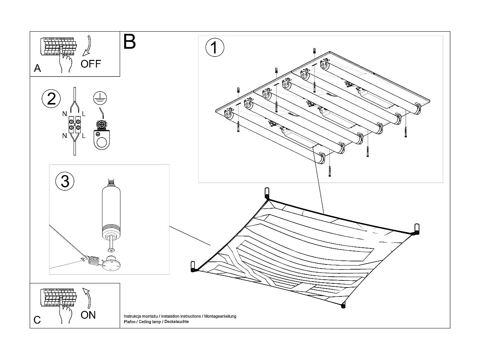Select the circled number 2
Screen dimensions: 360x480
point(51,99)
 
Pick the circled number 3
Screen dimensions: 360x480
point(65,181)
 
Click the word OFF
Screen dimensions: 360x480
point(91,64)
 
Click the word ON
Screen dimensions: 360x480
point(88,315)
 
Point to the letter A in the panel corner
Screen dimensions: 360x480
point(37,68)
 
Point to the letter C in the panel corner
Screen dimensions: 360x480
point(37,320)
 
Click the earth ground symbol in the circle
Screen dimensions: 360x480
point(100,98)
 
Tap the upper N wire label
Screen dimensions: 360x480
point(65,113)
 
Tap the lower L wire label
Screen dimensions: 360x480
point(84,136)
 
